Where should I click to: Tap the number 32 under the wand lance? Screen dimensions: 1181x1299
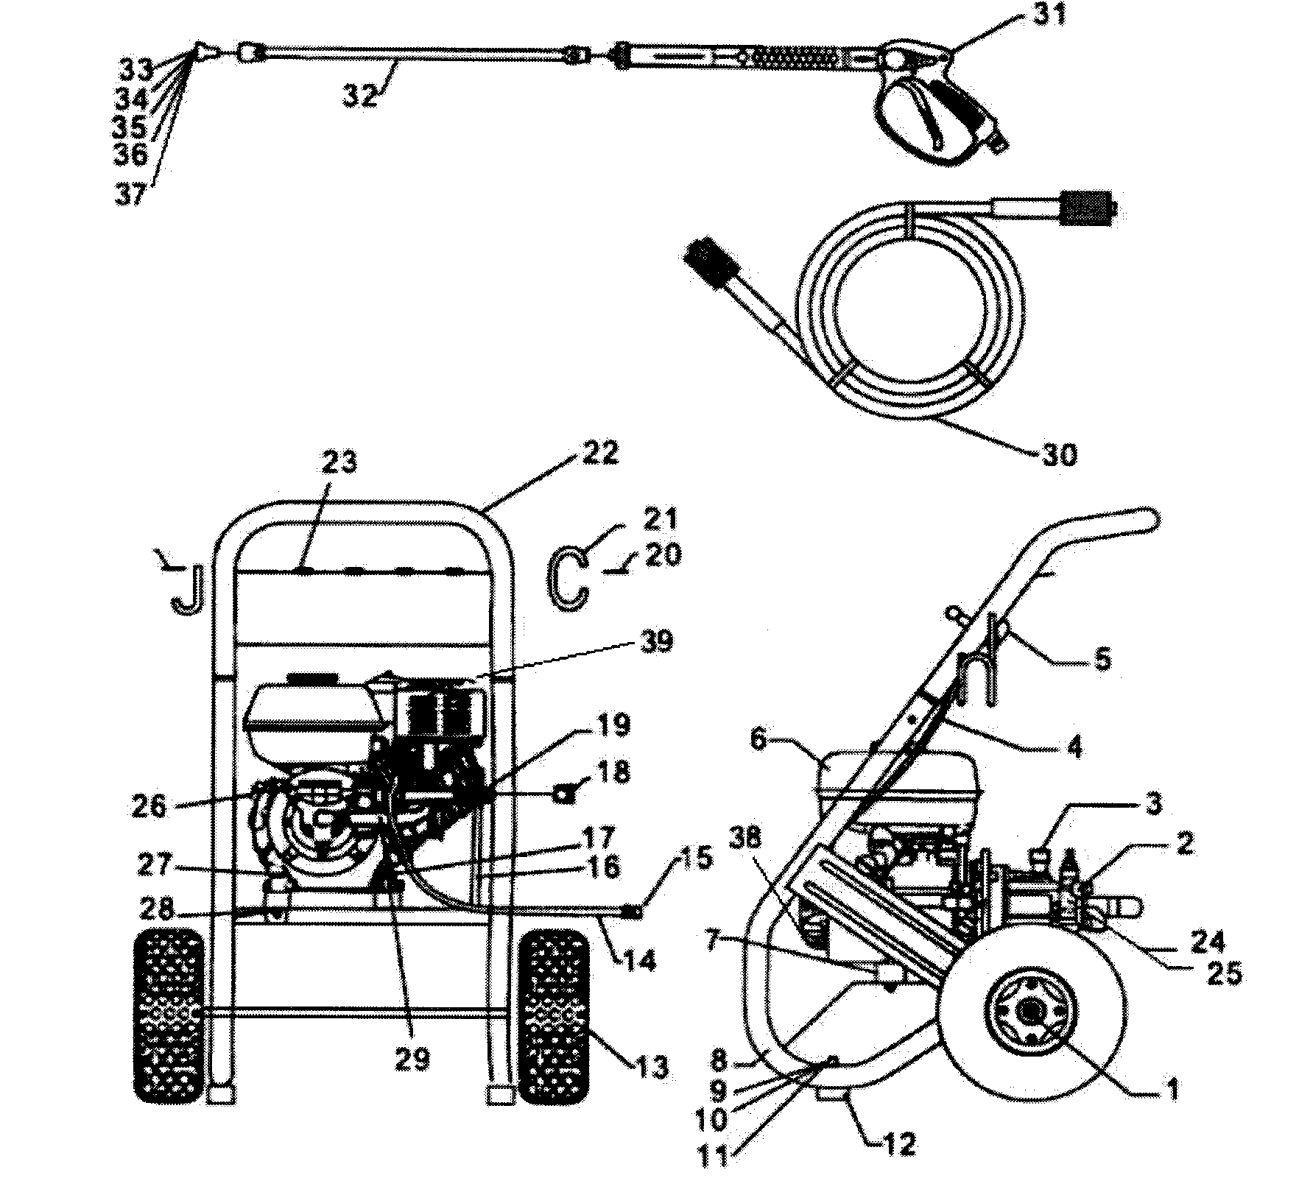(x=361, y=96)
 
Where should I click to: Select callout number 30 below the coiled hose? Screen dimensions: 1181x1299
(x=1059, y=454)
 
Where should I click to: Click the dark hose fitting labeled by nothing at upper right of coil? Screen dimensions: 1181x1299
(x=1088, y=210)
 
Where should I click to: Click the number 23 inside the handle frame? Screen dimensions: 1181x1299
(x=339, y=462)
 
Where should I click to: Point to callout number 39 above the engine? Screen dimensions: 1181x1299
(x=655, y=641)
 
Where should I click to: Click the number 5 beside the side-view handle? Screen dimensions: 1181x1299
(x=1102, y=659)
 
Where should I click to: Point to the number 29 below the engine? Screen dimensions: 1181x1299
(x=411, y=1059)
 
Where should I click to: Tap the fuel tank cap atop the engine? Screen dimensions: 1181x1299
(x=312, y=677)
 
